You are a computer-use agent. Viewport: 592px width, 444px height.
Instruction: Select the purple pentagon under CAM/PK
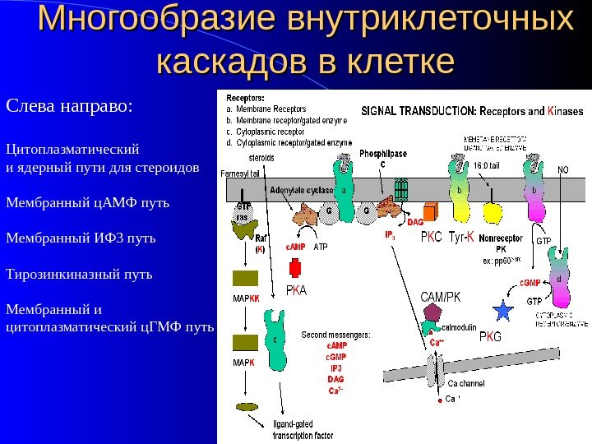pyautogui.click(x=434, y=312)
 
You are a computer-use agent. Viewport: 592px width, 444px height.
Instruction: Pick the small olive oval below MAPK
pyautogui.click(x=245, y=407)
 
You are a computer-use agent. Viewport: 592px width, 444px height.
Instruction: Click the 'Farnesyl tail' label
pyautogui.click(x=240, y=173)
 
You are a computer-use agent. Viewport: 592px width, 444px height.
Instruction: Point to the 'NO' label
pyautogui.click(x=563, y=170)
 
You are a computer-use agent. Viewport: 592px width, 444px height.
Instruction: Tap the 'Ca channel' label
pyautogui.click(x=466, y=383)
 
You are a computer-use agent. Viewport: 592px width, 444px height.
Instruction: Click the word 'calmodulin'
pyautogui.click(x=459, y=327)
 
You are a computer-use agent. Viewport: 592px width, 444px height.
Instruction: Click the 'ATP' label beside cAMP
pyautogui.click(x=321, y=246)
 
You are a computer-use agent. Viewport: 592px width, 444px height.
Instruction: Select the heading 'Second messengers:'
pyautogui.click(x=335, y=335)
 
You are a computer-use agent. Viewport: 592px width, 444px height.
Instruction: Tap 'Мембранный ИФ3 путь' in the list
pyautogui.click(x=80, y=238)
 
